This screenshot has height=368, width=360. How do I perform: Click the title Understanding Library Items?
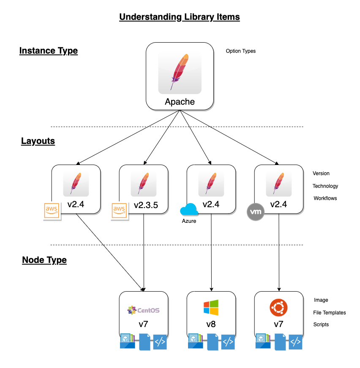click(180, 17)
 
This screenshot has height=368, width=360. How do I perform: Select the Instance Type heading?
click(49, 51)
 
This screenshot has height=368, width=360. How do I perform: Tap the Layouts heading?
click(38, 141)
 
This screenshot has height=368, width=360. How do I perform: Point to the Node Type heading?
click(44, 260)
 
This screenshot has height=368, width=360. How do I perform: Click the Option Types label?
click(241, 51)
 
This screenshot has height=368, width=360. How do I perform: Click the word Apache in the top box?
click(180, 102)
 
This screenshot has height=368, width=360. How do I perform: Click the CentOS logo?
click(144, 311)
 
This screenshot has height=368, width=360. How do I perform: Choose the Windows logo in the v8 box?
click(211, 308)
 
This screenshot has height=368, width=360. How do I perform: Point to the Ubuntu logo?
click(278, 308)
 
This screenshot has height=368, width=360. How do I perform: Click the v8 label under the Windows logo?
click(211, 325)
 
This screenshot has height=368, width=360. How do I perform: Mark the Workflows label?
click(325, 198)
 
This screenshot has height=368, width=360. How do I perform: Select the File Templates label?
click(330, 313)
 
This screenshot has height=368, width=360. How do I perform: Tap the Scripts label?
click(321, 325)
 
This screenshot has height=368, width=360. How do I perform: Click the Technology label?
click(325, 186)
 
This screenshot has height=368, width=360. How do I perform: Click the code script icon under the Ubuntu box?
click(295, 342)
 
